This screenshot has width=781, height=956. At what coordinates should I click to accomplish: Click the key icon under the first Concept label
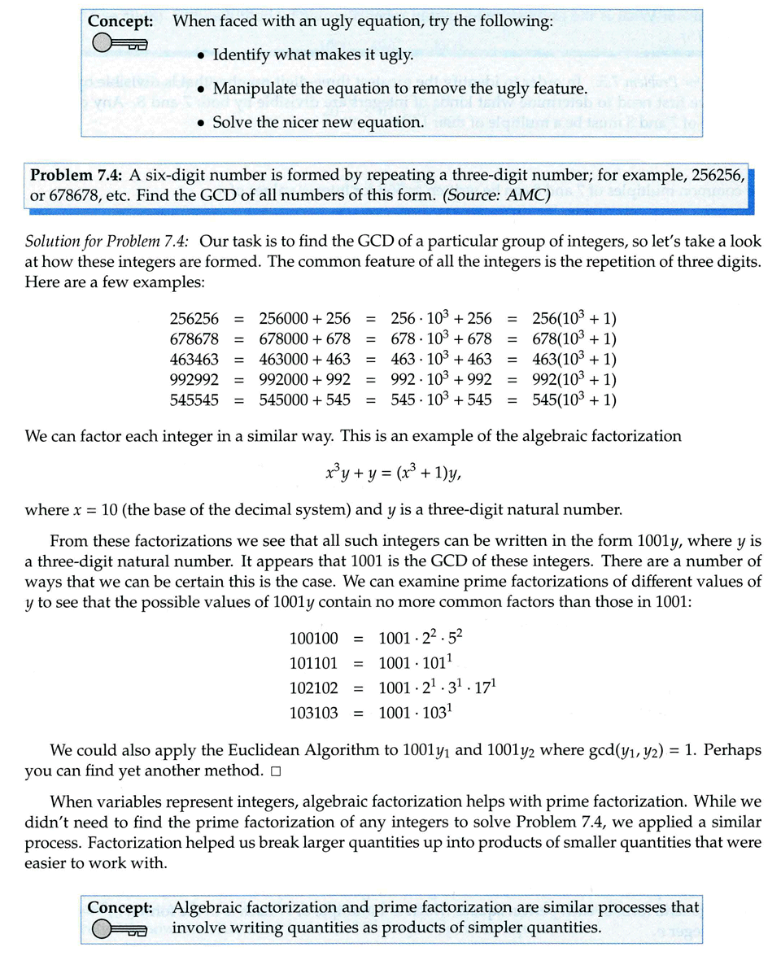(119, 46)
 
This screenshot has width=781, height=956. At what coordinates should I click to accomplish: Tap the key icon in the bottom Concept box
(119, 928)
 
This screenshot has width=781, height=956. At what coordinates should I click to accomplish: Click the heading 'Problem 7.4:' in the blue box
(73, 175)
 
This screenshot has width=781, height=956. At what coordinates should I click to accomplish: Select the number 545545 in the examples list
(194, 399)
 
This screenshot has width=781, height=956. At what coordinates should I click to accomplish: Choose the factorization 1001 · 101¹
(416, 658)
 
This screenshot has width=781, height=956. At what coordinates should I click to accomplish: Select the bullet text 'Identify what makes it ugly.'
(312, 55)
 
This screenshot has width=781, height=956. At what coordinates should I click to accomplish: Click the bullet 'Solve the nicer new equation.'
(318, 122)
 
